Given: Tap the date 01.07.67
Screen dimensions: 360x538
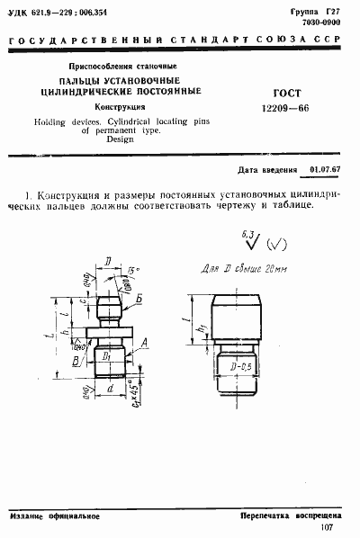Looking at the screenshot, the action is pos(325,168).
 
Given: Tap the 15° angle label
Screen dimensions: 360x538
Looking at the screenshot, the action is pos(133,271).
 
